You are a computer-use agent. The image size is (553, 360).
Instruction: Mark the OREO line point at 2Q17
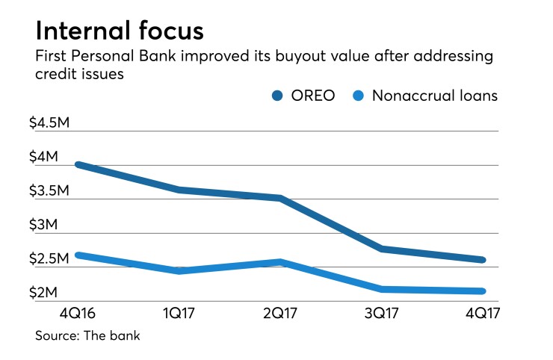[279, 198]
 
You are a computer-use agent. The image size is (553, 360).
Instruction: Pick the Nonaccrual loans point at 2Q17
[279, 262]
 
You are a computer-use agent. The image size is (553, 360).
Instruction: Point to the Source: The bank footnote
[87, 336]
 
